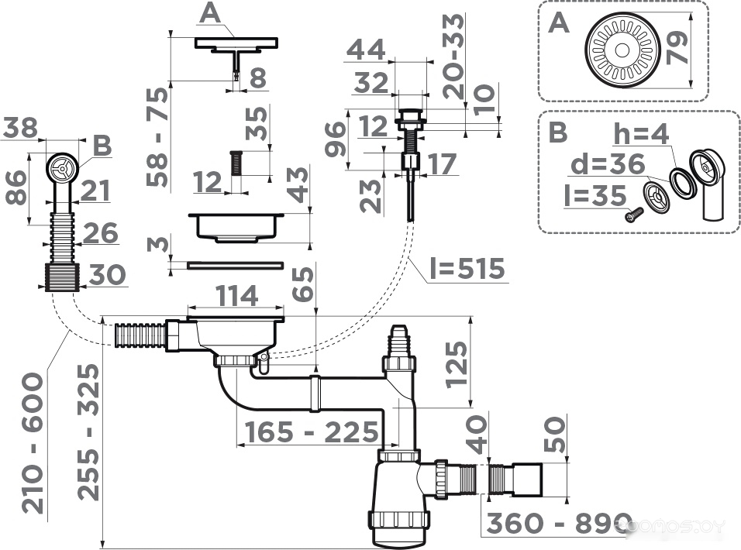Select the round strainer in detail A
(x=622, y=50)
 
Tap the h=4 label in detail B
(x=640, y=134)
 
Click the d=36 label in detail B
(x=608, y=164)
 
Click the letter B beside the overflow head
(x=102, y=146)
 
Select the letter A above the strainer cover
(x=209, y=14)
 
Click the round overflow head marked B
(x=61, y=167)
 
